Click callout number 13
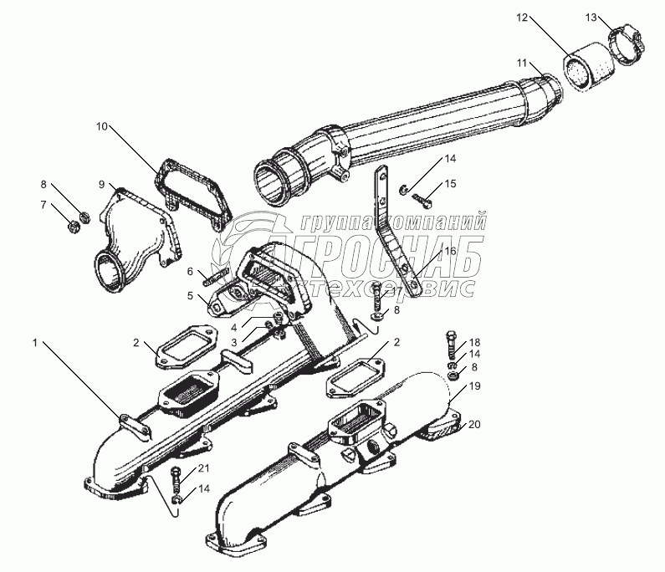(591, 17)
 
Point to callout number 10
(101, 127)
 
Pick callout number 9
(101, 184)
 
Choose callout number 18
(474, 343)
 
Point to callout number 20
(474, 424)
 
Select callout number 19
(474, 386)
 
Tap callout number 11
(521, 64)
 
